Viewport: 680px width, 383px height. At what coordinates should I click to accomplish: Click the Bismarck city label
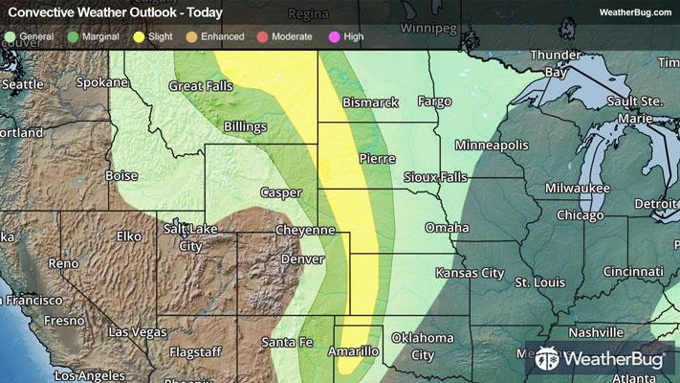click(x=370, y=102)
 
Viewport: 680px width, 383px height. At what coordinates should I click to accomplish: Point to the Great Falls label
click(x=201, y=86)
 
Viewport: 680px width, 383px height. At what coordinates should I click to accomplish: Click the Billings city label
click(x=246, y=126)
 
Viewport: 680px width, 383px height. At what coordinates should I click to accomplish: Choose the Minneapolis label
click(x=492, y=145)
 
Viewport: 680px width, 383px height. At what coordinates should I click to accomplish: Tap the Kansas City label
click(x=470, y=273)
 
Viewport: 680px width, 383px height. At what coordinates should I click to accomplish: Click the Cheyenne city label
click(x=304, y=231)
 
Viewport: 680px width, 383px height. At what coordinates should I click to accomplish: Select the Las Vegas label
click(x=139, y=332)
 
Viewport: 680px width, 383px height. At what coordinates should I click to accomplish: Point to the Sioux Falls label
click(x=435, y=177)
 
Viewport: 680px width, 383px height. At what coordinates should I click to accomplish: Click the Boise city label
click(x=121, y=176)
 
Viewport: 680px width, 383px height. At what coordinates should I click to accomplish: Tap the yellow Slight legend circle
click(x=139, y=35)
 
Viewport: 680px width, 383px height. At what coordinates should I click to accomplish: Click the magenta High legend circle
click(x=333, y=35)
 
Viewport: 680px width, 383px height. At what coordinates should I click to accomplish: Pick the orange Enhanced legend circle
click(x=191, y=35)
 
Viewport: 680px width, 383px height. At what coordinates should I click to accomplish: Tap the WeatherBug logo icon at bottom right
click(x=548, y=360)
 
